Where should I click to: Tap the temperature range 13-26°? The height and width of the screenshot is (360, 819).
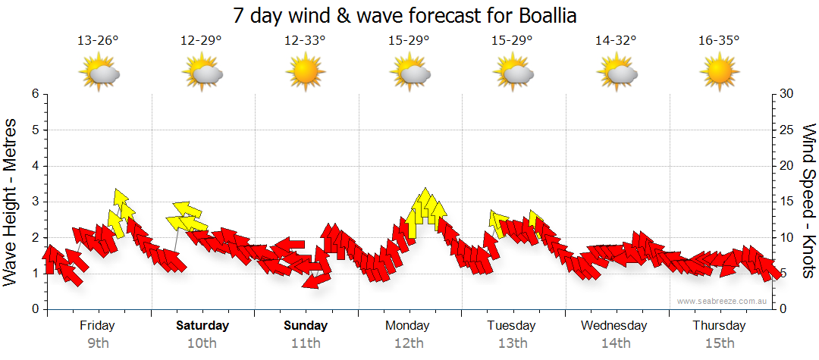coord(98,41)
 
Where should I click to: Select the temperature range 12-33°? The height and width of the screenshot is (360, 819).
coord(305,41)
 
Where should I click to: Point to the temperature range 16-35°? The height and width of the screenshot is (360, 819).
coord(719,41)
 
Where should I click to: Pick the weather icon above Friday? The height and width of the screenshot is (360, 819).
coord(99,74)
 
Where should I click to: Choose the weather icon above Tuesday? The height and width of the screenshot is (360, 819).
coord(513,74)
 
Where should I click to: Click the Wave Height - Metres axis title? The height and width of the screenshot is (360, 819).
coord(12,201)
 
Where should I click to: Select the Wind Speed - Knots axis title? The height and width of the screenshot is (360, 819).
coord(808,201)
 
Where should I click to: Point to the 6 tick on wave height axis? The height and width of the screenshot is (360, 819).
coord(35,94)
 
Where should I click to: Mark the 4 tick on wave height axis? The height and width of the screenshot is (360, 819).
coord(35,166)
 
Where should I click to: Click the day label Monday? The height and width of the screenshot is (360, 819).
coord(408,326)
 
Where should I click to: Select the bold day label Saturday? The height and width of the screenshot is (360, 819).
coord(202,326)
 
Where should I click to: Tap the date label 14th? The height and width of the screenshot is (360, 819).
coord(616,343)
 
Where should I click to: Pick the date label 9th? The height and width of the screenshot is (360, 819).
coord(98,343)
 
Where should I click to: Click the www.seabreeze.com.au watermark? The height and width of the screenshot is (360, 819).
coord(723,302)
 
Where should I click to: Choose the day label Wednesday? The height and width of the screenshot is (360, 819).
coord(614,326)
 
